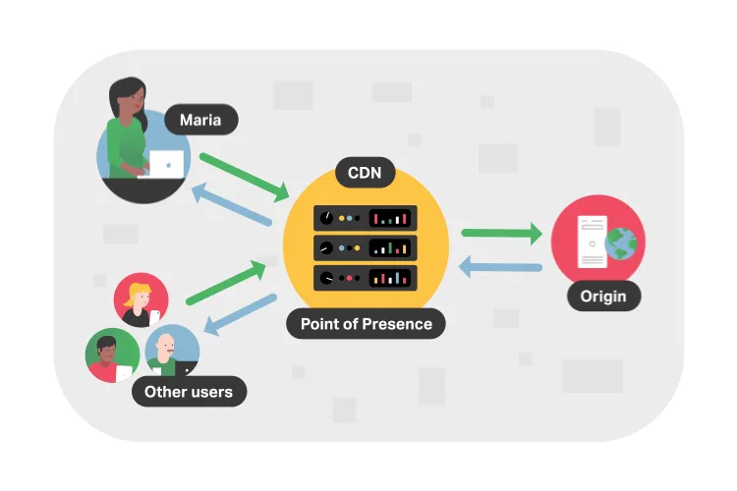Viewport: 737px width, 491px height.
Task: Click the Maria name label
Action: click(x=201, y=120)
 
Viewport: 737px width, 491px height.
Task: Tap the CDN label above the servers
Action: click(x=365, y=173)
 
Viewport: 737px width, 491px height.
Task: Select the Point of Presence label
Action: click(x=366, y=324)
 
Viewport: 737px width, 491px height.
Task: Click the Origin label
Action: click(x=603, y=296)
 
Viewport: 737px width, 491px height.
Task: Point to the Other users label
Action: click(x=189, y=392)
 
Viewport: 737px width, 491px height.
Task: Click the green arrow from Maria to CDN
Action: click(x=245, y=178)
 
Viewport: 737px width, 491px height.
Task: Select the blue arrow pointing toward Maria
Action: click(x=232, y=204)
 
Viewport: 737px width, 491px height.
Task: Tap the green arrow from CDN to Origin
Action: click(x=502, y=233)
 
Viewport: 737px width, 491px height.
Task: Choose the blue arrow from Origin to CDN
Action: click(x=500, y=267)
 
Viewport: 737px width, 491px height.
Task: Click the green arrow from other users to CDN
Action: click(x=226, y=283)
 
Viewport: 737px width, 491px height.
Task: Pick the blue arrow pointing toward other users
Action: click(x=240, y=314)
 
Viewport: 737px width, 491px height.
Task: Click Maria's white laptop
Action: click(x=163, y=164)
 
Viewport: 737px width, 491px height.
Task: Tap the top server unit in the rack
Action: click(x=366, y=218)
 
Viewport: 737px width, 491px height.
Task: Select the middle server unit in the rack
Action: click(x=366, y=247)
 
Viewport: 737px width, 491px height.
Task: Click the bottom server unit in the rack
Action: click(x=366, y=278)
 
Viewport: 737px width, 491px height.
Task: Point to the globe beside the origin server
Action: click(x=620, y=244)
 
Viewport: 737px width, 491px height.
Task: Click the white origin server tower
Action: click(x=593, y=242)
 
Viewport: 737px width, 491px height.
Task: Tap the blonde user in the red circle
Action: click(x=141, y=300)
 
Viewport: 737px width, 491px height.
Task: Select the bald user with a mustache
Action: click(x=172, y=351)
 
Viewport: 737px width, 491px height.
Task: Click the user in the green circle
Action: click(x=112, y=355)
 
